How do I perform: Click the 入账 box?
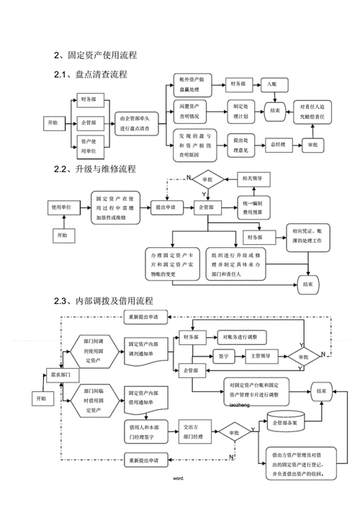tap(272, 85)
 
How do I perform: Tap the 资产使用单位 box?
tap(91, 144)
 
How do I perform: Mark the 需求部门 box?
tap(60, 375)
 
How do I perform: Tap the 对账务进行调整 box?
tap(246, 336)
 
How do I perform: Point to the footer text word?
tap(179, 498)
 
